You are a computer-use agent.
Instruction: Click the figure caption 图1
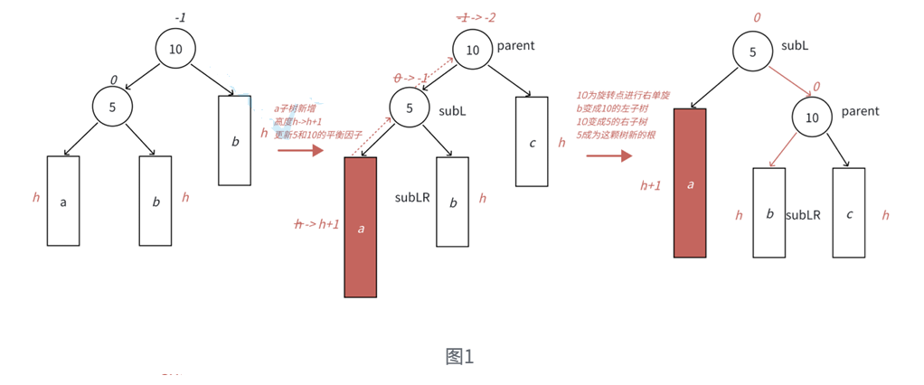click(459, 356)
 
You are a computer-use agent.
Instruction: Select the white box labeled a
click(63, 202)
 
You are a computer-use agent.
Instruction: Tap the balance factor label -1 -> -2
click(477, 18)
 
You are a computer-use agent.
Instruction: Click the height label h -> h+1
click(316, 224)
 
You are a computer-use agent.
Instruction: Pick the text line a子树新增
click(297, 108)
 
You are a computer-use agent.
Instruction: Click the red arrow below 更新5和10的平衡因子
click(299, 150)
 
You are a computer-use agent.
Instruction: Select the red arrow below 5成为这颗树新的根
click(608, 155)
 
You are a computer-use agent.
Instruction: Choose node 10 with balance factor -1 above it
click(175, 49)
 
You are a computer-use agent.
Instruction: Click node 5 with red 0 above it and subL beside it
click(752, 52)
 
